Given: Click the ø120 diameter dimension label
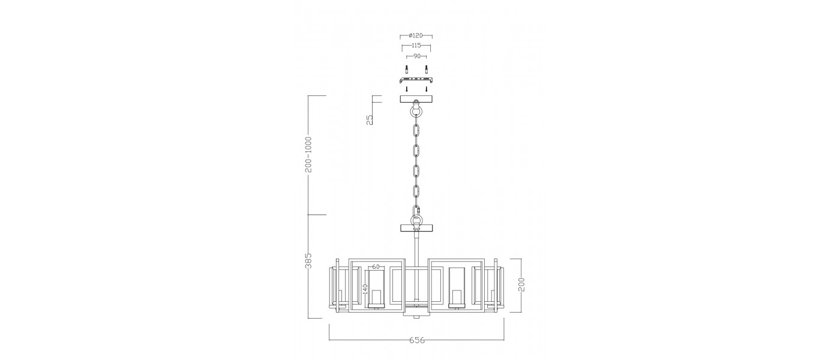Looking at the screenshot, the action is (416, 35).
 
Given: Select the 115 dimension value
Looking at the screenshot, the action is (416, 46).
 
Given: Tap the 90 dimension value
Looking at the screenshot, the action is (416, 56).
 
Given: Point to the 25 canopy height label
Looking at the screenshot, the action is (370, 119).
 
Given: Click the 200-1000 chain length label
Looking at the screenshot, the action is (308, 155).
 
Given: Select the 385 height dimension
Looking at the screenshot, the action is (308, 260).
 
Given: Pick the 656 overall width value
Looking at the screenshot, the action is (416, 340).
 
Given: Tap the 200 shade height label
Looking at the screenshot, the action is (521, 284).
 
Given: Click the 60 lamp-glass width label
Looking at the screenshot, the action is (376, 266).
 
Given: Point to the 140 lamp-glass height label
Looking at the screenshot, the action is (365, 289).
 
